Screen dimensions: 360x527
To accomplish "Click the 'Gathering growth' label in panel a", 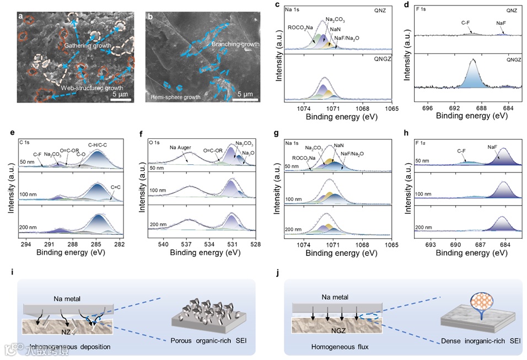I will (x=88, y=45).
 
